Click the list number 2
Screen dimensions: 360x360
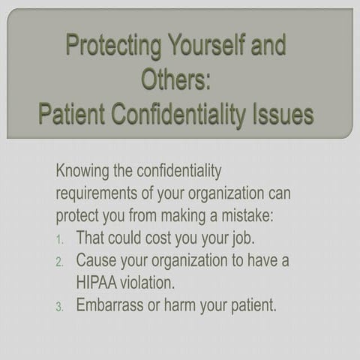tap(61, 262)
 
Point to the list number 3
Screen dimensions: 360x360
tap(61, 307)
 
